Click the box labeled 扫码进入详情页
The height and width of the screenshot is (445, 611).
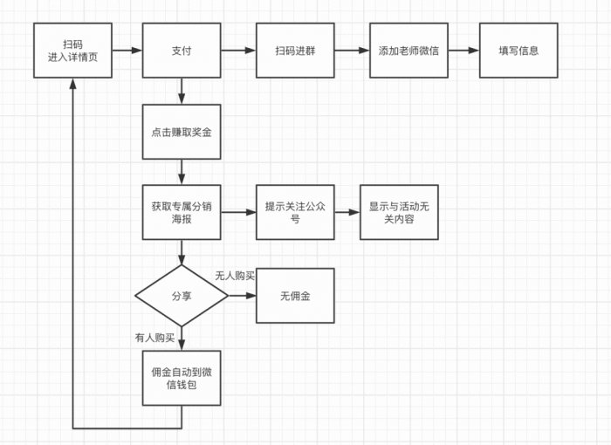point(72,51)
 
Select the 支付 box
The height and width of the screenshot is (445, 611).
point(182,51)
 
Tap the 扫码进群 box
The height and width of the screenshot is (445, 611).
point(295,51)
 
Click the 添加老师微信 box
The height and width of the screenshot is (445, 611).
point(408,51)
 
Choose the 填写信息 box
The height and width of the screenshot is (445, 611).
point(518,51)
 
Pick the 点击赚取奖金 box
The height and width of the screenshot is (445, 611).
point(182,132)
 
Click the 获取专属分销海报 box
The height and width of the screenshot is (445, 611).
point(182,212)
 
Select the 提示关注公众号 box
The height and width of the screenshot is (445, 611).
point(295,212)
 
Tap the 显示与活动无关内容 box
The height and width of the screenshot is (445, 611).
point(399,212)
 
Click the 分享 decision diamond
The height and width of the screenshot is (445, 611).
point(182,296)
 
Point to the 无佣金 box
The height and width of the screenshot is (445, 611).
point(295,296)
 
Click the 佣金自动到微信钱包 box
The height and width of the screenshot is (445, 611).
point(182,378)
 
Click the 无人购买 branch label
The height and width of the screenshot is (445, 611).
point(235,276)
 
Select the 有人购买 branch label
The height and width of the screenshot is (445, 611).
point(154,337)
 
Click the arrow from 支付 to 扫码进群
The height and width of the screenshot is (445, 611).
point(238,51)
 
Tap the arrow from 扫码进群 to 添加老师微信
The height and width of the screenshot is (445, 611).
point(352,51)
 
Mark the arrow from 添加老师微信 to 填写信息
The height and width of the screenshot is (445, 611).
point(463,51)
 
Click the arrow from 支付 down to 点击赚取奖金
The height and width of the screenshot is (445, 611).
point(182,91)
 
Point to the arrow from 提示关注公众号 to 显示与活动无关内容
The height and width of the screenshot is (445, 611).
point(347,212)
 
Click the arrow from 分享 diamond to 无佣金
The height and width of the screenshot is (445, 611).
point(242,296)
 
